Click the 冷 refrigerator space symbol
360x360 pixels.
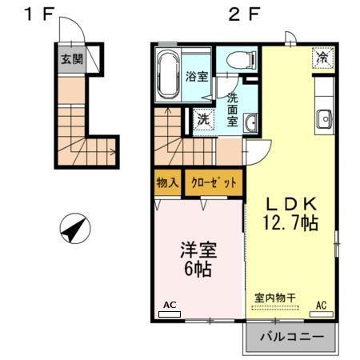pyautogui.click(x=322, y=58)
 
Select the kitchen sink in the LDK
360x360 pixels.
pyautogui.click(x=324, y=118)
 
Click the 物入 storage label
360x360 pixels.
pyautogui.click(x=167, y=183)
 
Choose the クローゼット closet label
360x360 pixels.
pyautogui.click(x=214, y=183)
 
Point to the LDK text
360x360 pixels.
pyautogui.click(x=289, y=203)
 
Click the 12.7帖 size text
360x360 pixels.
pyautogui.click(x=289, y=223)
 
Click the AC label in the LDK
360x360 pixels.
pyautogui.click(x=321, y=306)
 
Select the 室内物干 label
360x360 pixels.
pyautogui.click(x=275, y=297)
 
